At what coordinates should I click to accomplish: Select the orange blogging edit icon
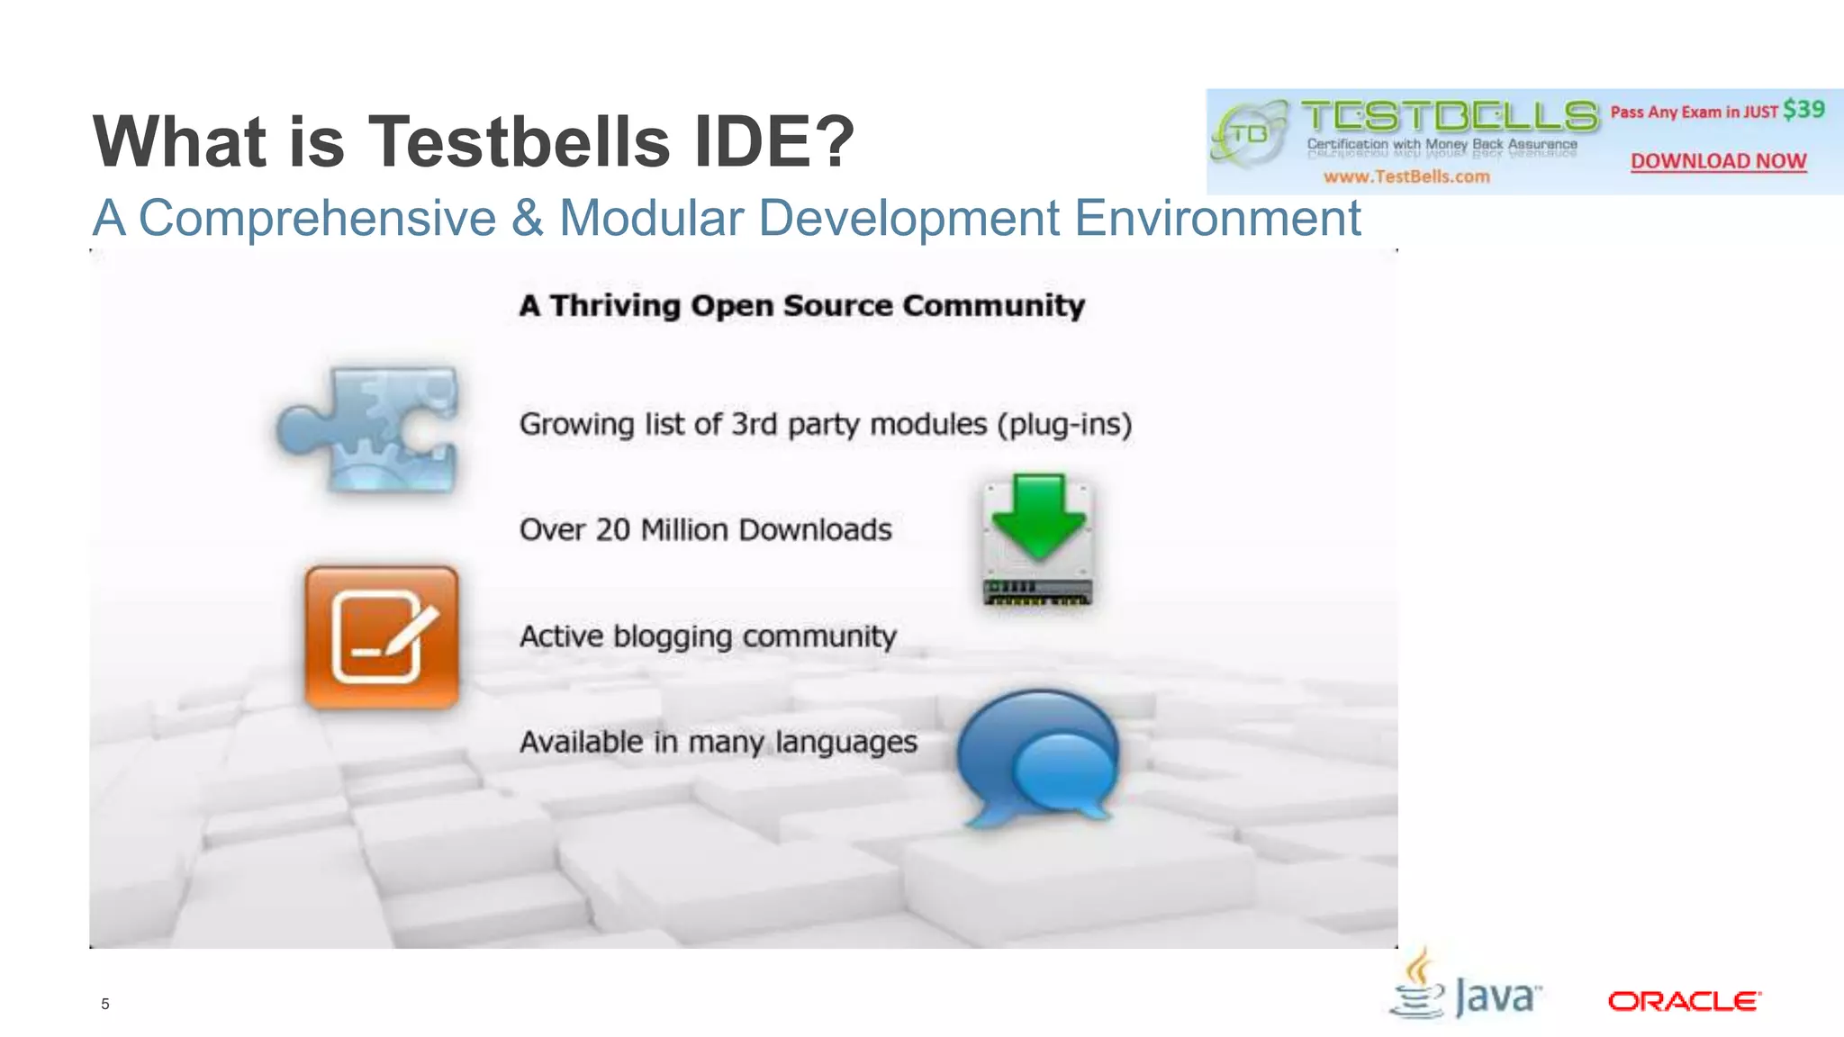click(x=382, y=636)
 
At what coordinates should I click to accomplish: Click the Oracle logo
click(x=1684, y=1001)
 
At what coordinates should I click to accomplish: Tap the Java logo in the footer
click(x=1466, y=988)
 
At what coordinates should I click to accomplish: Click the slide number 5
click(x=105, y=1004)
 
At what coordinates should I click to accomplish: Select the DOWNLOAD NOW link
click(x=1718, y=161)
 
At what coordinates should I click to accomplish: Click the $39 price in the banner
click(x=1803, y=110)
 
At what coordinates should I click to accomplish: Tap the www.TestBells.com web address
click(x=1406, y=176)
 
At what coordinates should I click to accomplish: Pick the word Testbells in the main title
click(x=520, y=141)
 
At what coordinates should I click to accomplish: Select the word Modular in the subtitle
click(x=651, y=218)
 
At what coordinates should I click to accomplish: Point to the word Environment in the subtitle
click(x=1217, y=218)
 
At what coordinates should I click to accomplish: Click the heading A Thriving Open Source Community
click(x=801, y=306)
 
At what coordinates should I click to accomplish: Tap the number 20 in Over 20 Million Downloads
click(x=612, y=529)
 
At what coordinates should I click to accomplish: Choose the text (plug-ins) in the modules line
click(x=1064, y=424)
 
